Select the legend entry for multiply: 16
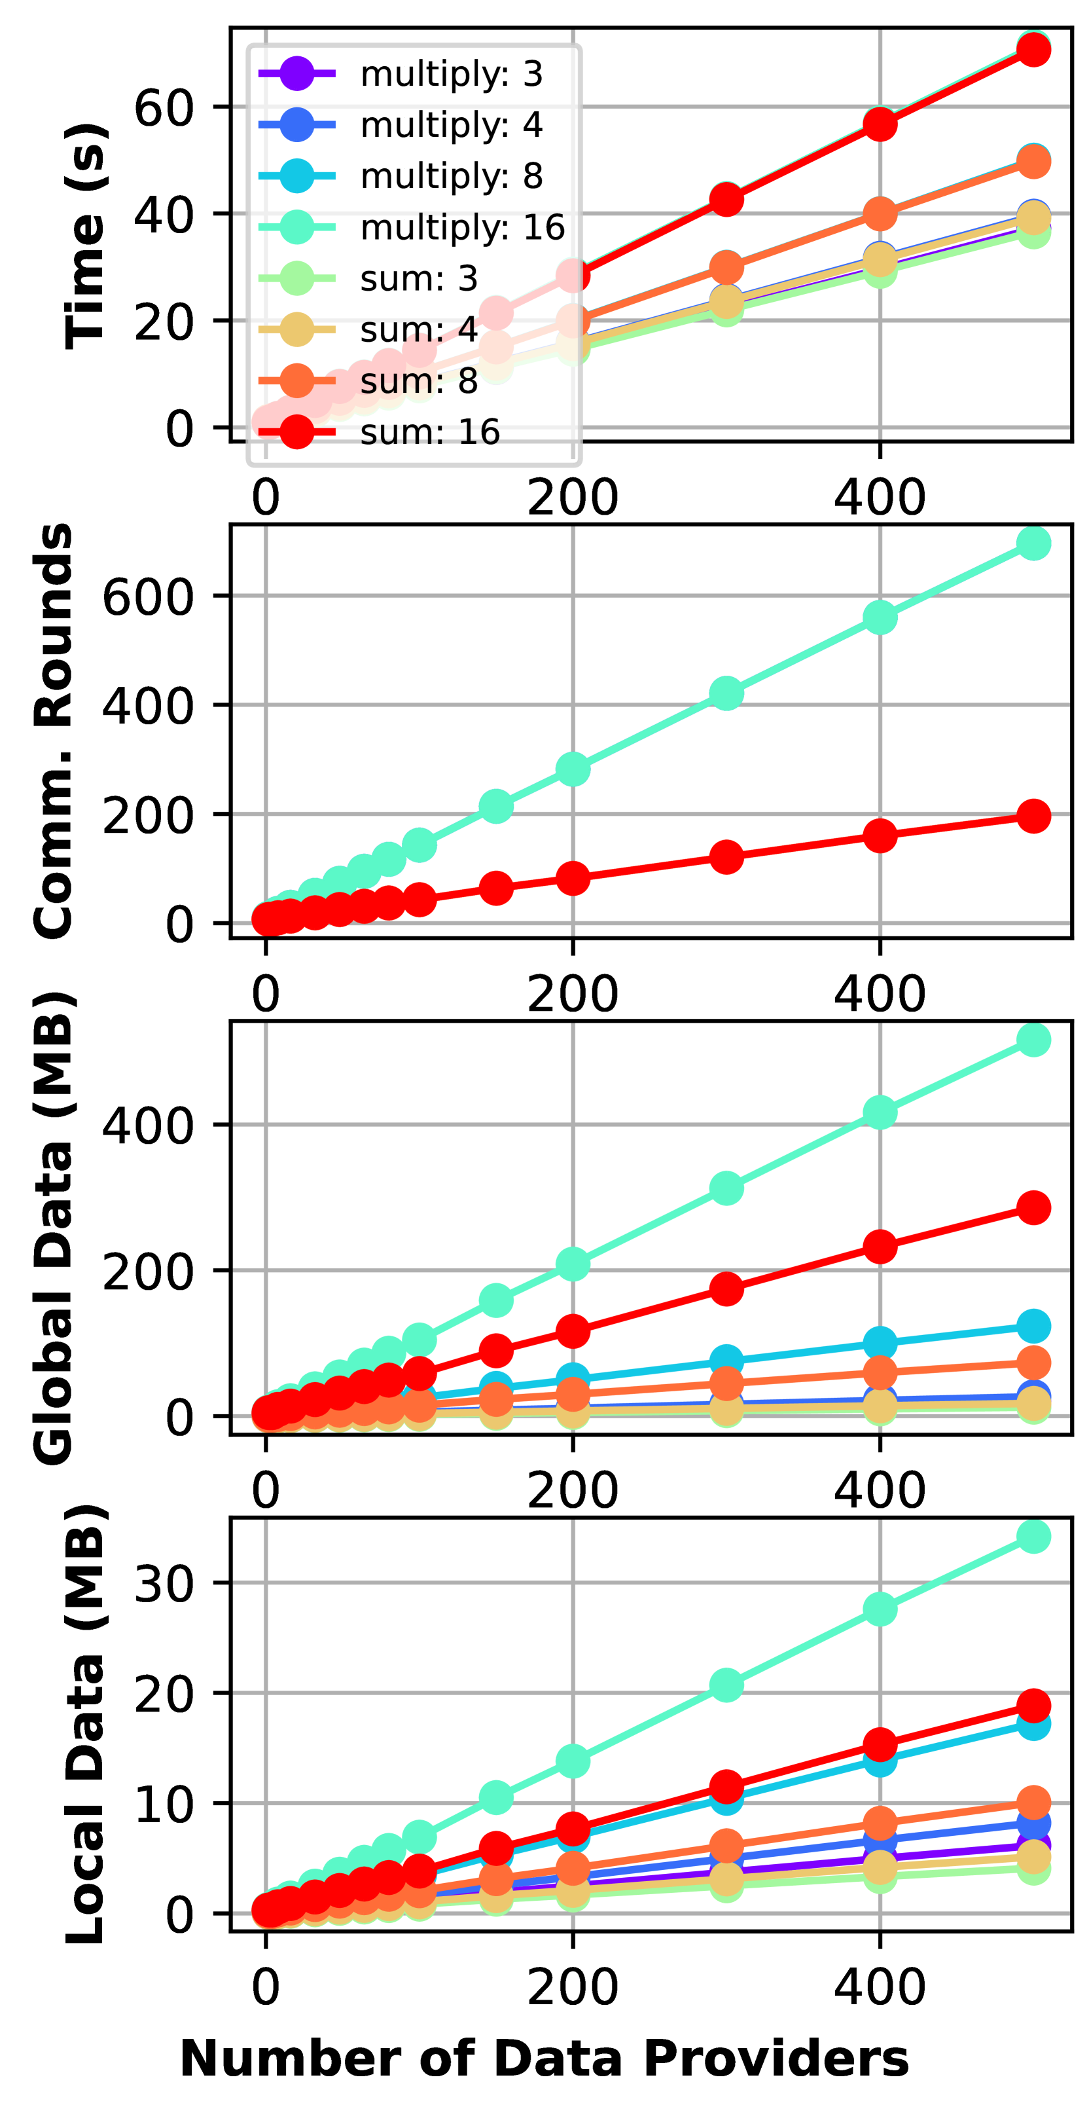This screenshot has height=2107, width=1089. pyautogui.click(x=462, y=227)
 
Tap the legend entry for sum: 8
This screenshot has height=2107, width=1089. pyautogui.click(x=419, y=381)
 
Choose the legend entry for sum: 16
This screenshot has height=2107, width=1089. pyautogui.click(x=429, y=432)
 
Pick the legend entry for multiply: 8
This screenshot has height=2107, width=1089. pyautogui.click(x=452, y=177)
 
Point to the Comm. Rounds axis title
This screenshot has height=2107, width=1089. pyautogui.click(x=54, y=731)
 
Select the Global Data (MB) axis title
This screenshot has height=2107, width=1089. pyautogui.click(x=54, y=1227)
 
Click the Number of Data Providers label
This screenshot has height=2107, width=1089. pyautogui.click(x=544, y=2058)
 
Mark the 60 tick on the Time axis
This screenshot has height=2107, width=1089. pyautogui.click(x=164, y=108)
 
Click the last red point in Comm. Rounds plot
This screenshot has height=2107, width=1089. pyautogui.click(x=1033, y=815)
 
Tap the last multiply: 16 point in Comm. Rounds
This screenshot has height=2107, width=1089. pyautogui.click(x=1033, y=543)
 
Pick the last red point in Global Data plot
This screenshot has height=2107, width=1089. pyautogui.click(x=1033, y=1207)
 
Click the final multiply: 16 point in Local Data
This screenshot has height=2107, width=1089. pyautogui.click(x=1033, y=1536)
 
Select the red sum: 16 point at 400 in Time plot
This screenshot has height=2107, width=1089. pyautogui.click(x=880, y=124)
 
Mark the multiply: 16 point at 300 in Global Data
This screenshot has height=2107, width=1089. pyautogui.click(x=726, y=1188)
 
